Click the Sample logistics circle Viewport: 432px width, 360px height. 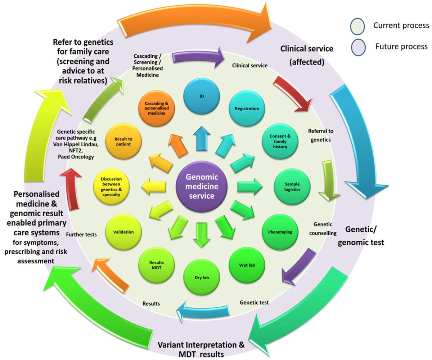(292, 186)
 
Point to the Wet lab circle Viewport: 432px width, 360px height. (247, 266)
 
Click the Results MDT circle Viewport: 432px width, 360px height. (156, 265)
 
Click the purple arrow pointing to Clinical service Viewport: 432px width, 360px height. (198, 58)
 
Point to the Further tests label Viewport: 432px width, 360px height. (81, 234)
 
